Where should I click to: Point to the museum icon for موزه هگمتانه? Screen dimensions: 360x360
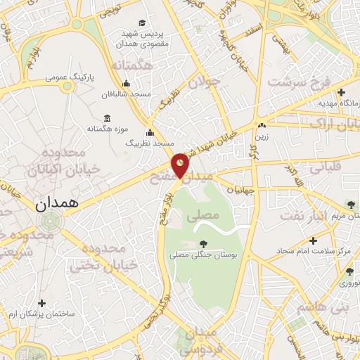pyautogui.click(x=106, y=117)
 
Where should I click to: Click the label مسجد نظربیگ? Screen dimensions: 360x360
pyautogui.click(x=150, y=143)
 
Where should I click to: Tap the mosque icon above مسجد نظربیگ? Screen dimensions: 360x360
pyautogui.click(x=149, y=132)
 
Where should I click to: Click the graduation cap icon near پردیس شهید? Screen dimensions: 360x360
pyautogui.click(x=143, y=24)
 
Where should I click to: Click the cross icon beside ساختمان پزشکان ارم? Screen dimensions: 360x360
pyautogui.click(x=41, y=304)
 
